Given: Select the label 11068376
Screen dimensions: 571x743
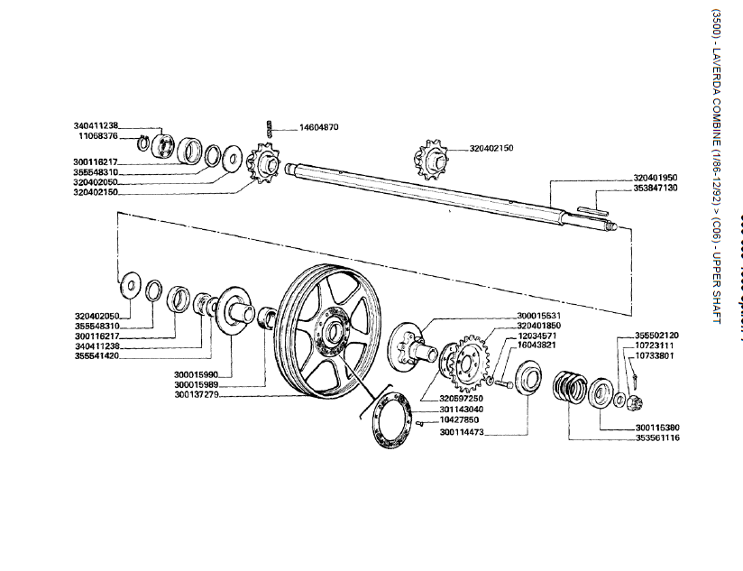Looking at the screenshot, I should [96, 135].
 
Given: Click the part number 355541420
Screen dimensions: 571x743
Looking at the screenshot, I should [96, 355].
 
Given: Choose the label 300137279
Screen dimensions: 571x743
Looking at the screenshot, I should [197, 394].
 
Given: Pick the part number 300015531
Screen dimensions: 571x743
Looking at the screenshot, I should [540, 315].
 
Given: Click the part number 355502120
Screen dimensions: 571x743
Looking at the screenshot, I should [656, 335].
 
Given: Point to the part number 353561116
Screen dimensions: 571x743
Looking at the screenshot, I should [656, 437].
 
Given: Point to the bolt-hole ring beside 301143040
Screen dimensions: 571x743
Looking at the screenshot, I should [389, 423].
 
